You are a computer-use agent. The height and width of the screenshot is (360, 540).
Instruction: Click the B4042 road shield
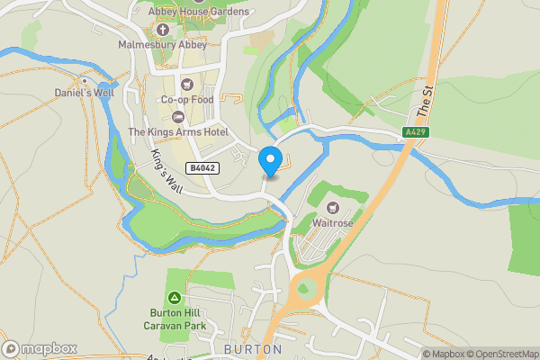[x=202, y=168]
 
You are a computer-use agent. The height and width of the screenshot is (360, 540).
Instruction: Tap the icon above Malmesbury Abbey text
[x=162, y=29]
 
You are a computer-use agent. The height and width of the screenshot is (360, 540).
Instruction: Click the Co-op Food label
[x=187, y=100]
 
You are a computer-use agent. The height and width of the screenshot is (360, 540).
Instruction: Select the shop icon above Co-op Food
[x=188, y=84]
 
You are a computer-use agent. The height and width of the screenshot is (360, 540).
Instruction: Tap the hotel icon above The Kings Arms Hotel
[x=177, y=117]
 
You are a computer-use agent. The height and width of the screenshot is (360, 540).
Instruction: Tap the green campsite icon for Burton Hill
[x=174, y=297]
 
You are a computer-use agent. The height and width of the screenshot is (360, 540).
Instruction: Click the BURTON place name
[x=253, y=348]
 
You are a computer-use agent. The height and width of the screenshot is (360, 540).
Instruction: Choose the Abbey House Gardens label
[x=198, y=12]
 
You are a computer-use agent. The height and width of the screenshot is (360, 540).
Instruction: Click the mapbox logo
[x=40, y=348]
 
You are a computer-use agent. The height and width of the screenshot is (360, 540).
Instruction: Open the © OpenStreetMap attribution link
[x=500, y=354]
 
